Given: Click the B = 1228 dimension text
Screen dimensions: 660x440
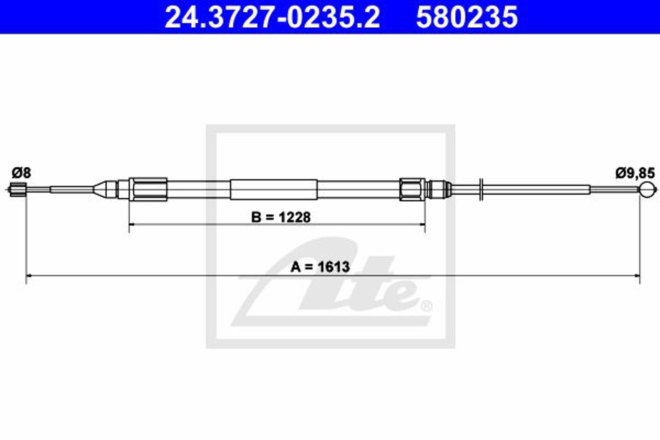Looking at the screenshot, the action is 281,217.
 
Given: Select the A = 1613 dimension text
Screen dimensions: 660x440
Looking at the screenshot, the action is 320,266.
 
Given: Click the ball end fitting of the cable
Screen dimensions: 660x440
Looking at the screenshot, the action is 648,190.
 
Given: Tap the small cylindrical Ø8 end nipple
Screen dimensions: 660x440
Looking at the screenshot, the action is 18,189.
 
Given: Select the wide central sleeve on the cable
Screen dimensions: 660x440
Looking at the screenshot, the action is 274,189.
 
